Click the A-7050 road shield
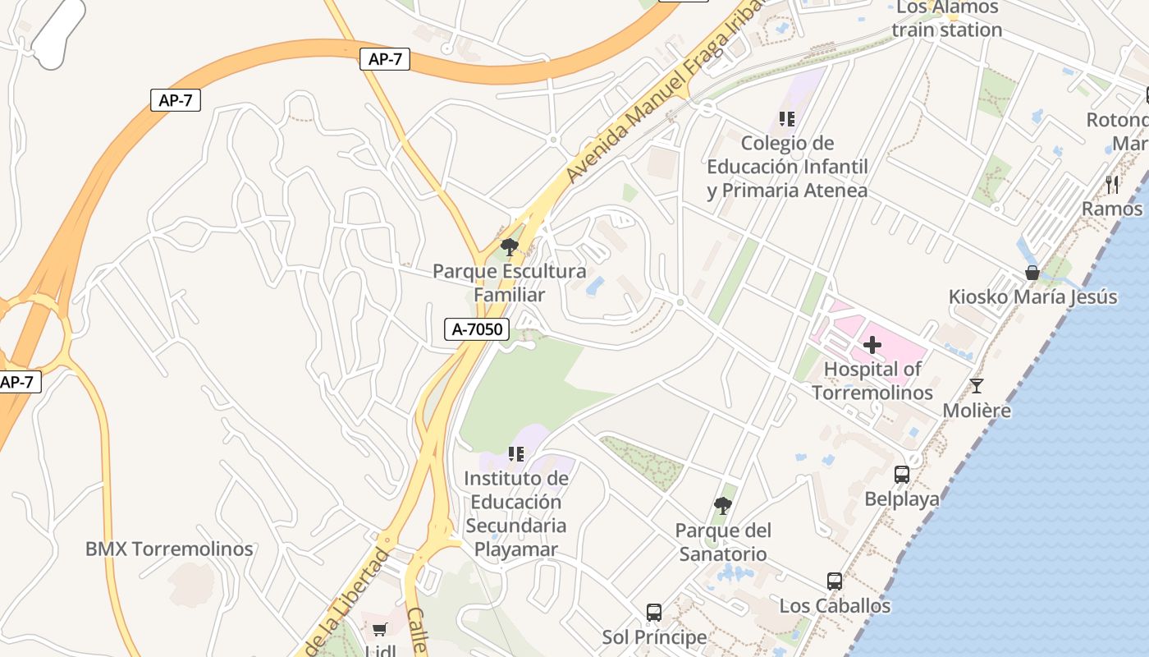click(477, 329)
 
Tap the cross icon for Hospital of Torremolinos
click(872, 345)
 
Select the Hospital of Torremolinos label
click(872, 381)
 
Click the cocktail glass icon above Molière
click(977, 385)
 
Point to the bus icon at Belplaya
click(901, 474)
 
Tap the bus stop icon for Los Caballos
click(835, 581)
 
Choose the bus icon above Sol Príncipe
click(654, 612)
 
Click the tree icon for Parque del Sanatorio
click(723, 506)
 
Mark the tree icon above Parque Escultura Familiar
click(510, 246)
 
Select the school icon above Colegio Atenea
click(787, 119)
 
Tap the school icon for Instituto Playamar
click(515, 454)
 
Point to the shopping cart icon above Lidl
click(379, 630)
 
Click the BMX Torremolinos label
click(169, 549)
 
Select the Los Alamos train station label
click(947, 19)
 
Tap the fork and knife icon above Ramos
click(1112, 184)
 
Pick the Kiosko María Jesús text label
click(1032, 296)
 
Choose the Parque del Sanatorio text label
click(723, 542)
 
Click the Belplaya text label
click(902, 498)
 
